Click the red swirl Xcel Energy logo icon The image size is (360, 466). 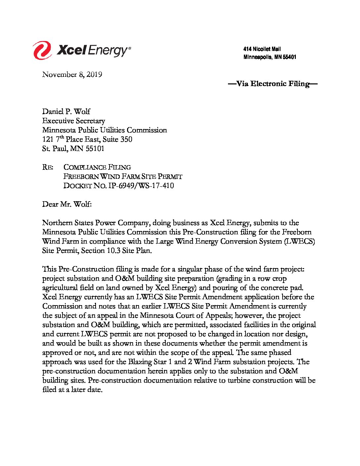pos(42,50)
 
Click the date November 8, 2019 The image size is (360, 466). pos(72,74)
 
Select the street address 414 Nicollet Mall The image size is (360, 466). pos(262,49)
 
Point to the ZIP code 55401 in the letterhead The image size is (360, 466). pos(290,57)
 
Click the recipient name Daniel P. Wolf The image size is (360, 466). pos(66,112)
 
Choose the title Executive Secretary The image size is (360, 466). pos(73,121)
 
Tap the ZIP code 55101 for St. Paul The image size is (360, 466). pos(95,149)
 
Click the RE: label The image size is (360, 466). pos(48,167)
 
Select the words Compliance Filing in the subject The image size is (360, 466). pos(97,167)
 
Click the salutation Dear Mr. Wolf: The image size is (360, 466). pos(67,204)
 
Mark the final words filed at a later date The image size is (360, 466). pos(72,390)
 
